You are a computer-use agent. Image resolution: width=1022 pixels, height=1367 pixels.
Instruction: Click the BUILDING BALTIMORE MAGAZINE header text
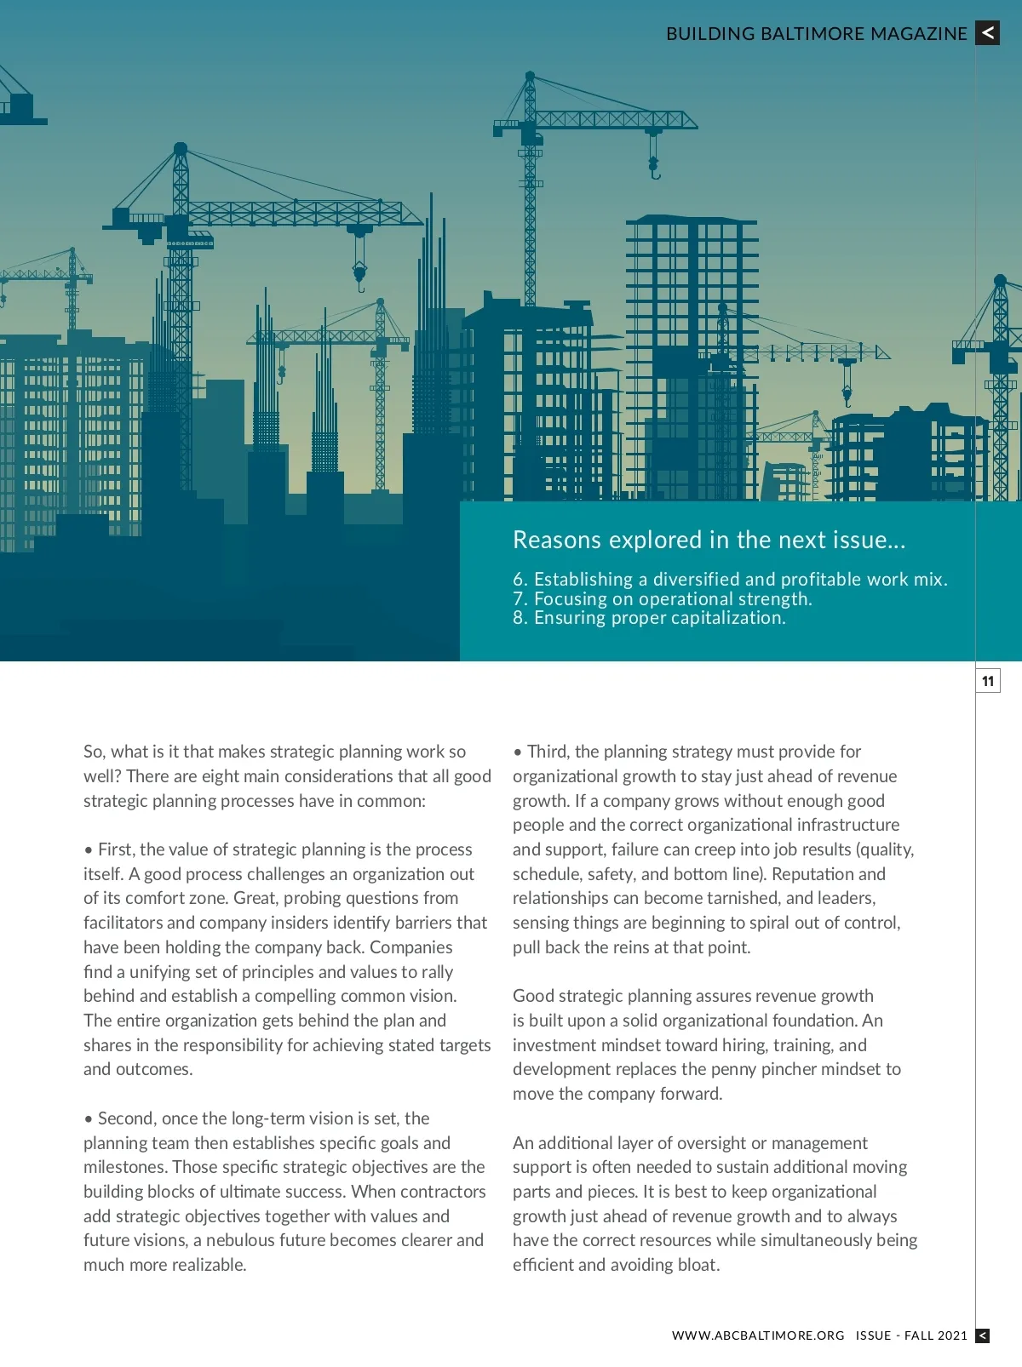click(x=816, y=34)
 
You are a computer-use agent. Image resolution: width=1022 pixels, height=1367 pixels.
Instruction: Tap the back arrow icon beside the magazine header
click(x=987, y=33)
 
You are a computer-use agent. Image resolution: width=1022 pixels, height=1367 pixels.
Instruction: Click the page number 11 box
click(x=987, y=681)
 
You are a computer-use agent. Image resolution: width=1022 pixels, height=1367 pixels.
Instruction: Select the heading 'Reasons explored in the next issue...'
click(x=709, y=540)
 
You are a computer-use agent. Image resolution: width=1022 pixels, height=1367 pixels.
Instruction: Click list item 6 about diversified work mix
click(x=730, y=580)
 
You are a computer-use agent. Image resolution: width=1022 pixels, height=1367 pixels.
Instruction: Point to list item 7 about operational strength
click(x=663, y=599)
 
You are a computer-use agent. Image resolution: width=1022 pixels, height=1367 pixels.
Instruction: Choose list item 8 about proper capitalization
click(x=649, y=618)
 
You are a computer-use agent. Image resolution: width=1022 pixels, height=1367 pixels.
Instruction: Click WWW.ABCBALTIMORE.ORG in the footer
click(x=758, y=1336)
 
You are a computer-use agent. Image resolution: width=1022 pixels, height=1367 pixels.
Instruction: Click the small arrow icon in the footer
click(x=982, y=1336)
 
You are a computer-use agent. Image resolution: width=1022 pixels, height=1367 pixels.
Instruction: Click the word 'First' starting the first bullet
click(x=116, y=849)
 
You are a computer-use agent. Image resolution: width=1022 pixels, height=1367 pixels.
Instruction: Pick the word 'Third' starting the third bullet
click(x=547, y=752)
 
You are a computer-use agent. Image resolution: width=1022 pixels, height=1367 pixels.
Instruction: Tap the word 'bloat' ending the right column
click(x=698, y=1265)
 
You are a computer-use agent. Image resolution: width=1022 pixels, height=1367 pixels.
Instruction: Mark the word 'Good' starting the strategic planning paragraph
click(x=531, y=996)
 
